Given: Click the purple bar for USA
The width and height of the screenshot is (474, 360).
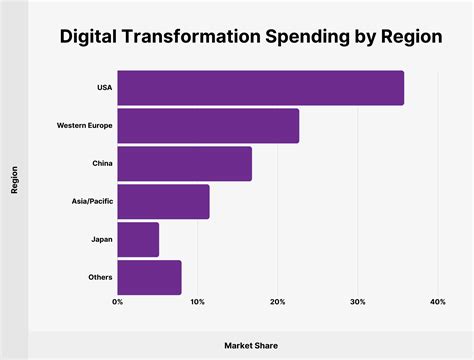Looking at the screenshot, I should click(x=260, y=88).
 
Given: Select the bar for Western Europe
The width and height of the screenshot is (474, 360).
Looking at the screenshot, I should click(x=208, y=126).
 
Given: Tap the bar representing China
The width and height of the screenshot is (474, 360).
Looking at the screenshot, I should click(x=184, y=164).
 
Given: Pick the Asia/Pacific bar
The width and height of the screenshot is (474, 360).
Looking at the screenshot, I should click(x=163, y=202).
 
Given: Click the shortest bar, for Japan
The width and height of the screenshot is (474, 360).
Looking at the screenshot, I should click(x=138, y=239).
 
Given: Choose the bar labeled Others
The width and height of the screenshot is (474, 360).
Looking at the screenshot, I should click(x=149, y=277).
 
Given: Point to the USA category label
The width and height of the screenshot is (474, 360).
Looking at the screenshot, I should click(x=104, y=88).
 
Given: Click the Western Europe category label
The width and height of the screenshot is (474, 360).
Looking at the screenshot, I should click(x=85, y=126).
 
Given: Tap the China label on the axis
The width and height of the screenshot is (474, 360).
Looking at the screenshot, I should click(x=101, y=164).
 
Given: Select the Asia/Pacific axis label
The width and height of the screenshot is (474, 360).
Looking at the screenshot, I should click(x=92, y=202).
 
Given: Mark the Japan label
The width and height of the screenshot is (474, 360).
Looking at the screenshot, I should click(x=101, y=239).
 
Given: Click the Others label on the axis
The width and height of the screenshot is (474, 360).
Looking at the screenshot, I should click(x=99, y=277).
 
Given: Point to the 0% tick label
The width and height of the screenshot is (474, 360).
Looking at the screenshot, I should click(x=118, y=302).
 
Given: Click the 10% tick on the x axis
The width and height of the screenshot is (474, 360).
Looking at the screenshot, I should click(x=197, y=302).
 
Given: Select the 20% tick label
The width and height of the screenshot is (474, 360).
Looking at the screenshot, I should click(x=277, y=302).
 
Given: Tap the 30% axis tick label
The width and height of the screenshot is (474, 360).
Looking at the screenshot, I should click(x=357, y=302).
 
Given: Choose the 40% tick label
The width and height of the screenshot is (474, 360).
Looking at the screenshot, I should click(x=437, y=302).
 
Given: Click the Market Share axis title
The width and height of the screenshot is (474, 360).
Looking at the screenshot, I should click(x=250, y=343).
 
